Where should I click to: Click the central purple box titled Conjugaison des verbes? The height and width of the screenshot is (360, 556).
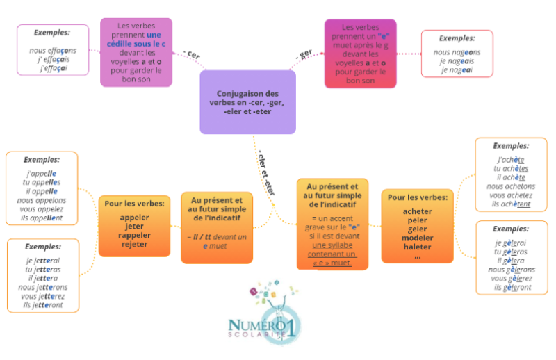(x=247, y=102)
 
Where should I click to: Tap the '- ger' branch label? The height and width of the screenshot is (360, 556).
(x=304, y=54)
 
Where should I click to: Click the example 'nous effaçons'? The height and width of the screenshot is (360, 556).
(x=53, y=50)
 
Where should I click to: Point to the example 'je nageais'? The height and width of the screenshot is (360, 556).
(x=457, y=61)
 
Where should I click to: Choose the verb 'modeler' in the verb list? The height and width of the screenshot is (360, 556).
(x=417, y=238)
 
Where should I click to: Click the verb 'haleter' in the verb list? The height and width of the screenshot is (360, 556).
(x=417, y=247)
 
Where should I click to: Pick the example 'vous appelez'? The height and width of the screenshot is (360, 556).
(x=42, y=209)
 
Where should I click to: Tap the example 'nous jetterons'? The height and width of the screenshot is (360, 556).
(x=43, y=286)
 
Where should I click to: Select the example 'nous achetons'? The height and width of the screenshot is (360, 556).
(x=511, y=186)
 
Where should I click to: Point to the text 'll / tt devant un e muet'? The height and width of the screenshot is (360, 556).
(x=216, y=242)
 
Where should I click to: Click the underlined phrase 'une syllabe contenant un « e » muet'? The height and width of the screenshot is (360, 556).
(x=332, y=254)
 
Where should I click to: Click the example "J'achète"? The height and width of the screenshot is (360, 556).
(x=511, y=159)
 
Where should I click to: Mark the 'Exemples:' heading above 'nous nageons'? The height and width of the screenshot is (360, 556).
(x=457, y=38)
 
